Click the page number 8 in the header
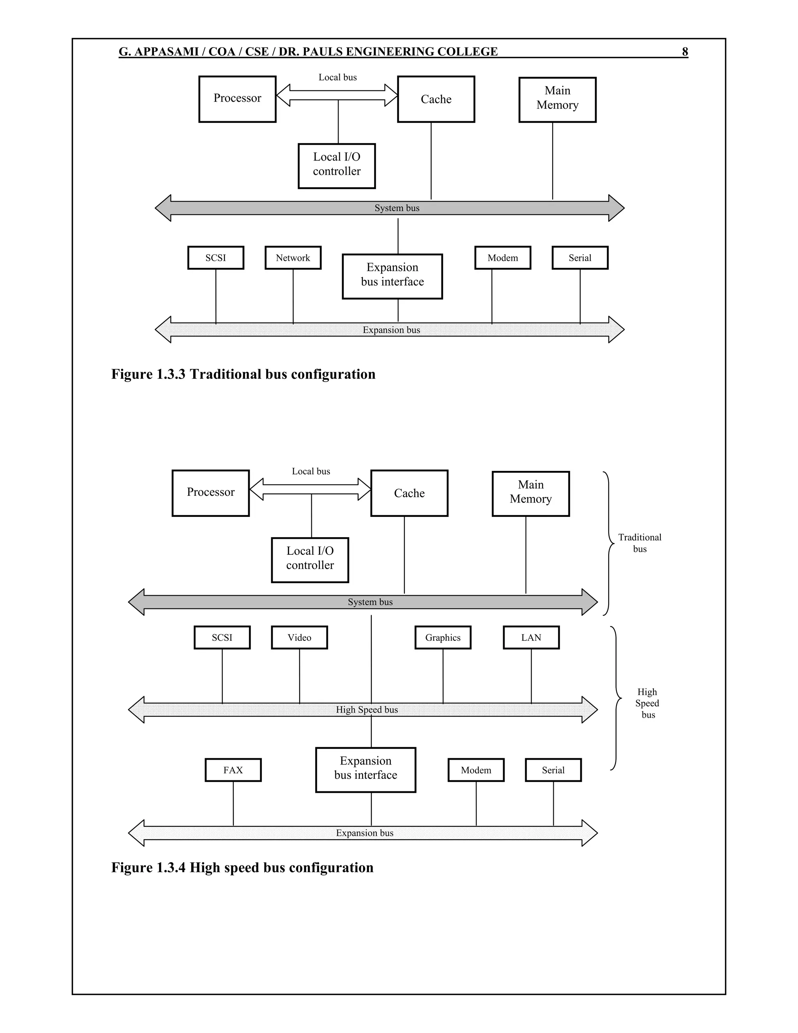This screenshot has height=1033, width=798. [x=685, y=51]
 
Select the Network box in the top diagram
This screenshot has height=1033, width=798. [x=293, y=258]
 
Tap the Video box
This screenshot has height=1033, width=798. [x=299, y=638]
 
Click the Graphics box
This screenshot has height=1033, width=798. [x=443, y=638]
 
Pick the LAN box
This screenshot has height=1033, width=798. [x=531, y=638]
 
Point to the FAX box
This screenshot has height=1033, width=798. [x=233, y=770]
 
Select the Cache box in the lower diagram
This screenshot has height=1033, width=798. [x=410, y=494]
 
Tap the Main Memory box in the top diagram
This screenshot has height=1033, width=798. [x=557, y=99]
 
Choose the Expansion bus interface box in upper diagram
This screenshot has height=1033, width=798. [x=392, y=276]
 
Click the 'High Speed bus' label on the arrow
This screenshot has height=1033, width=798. [x=367, y=709]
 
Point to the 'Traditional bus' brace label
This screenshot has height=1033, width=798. [x=640, y=543]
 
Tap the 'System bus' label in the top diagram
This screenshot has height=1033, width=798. [x=397, y=208]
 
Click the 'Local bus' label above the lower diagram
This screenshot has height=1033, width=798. [x=311, y=471]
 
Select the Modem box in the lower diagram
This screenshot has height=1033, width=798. [x=476, y=770]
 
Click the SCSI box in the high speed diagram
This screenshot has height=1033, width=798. [x=222, y=638]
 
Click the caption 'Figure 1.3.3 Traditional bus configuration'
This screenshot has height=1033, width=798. [x=244, y=374]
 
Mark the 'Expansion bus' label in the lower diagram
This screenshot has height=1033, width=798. [x=364, y=833]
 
